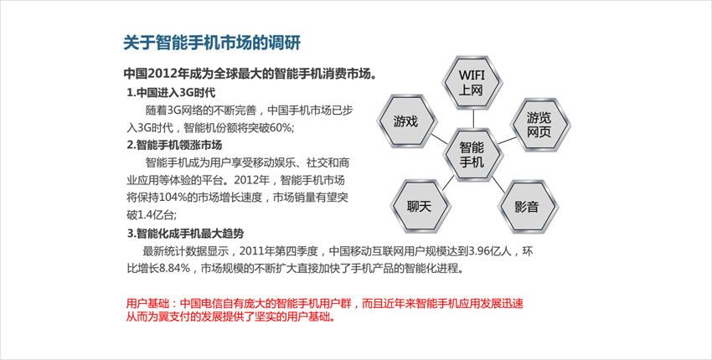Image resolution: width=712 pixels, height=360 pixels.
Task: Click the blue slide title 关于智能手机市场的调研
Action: coord(212,44)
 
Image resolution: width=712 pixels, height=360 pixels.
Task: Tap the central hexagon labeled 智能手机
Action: coord(472,155)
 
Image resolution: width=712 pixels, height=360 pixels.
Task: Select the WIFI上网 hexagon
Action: coord(472,83)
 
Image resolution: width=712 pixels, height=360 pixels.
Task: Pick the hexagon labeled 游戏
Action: coord(406,121)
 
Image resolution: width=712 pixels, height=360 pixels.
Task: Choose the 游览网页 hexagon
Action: coord(539,125)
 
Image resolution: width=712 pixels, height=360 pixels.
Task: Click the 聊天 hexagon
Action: coord(419,207)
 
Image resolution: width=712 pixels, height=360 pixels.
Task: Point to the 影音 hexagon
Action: coord(527,207)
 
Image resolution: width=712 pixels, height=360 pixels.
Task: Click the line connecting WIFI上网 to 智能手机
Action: coord(472,119)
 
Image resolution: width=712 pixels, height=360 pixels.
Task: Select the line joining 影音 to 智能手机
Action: coord(498,184)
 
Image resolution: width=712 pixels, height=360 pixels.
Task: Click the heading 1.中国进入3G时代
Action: coord(171,93)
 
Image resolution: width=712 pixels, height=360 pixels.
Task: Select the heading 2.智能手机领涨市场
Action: coord(174,146)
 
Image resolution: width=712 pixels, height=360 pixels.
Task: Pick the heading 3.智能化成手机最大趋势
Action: coord(185,234)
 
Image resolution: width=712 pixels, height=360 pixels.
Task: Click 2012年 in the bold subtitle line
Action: coord(166,74)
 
